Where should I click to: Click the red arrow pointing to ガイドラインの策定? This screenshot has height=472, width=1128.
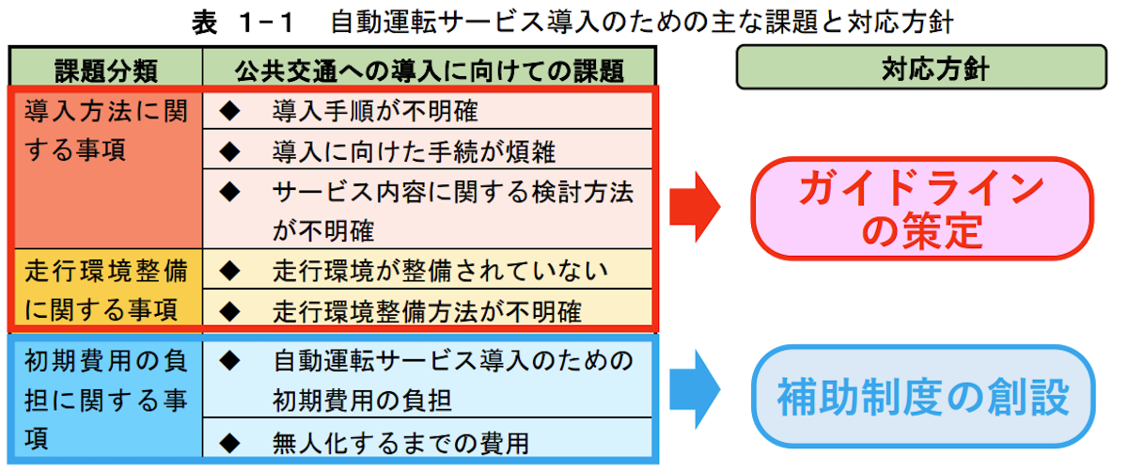(695, 207)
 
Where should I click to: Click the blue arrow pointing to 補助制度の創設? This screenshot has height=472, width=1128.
(695, 389)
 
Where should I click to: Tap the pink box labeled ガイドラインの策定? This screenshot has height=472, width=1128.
(922, 209)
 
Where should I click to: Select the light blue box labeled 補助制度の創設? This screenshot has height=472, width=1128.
(923, 397)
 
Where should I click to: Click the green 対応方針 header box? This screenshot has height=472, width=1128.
(921, 68)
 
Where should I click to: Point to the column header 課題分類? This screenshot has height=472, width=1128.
(105, 69)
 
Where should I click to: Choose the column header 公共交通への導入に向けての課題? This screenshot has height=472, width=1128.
(429, 69)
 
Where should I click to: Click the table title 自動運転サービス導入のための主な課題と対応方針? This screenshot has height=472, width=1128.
(641, 23)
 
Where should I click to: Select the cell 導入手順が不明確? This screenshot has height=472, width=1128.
(427, 110)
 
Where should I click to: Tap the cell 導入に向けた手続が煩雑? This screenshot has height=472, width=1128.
(427, 149)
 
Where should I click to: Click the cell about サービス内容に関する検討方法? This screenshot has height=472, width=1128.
(427, 209)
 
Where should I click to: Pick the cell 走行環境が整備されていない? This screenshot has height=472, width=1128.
(427, 269)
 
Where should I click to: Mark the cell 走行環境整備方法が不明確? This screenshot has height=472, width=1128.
(427, 308)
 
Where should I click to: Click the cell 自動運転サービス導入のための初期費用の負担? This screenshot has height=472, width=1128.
(427, 379)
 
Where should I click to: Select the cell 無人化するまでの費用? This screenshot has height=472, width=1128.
(427, 438)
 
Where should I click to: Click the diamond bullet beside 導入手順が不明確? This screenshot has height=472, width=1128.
(229, 110)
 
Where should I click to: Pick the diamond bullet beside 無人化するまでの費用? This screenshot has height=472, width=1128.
(229, 443)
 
